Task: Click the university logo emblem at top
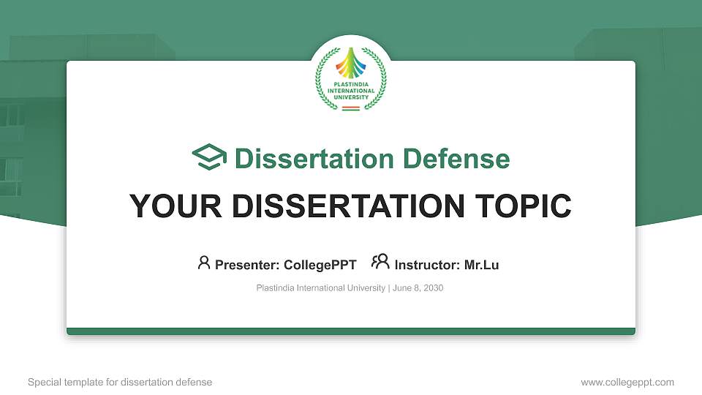point(351,79)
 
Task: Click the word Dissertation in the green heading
point(305,159)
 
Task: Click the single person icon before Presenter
point(204,262)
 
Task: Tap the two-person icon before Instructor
point(380,262)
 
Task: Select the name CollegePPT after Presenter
point(320,265)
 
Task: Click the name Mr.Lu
point(481,265)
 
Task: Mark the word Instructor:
point(427,265)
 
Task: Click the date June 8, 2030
point(418,288)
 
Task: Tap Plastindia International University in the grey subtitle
point(320,288)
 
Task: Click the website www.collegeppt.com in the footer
point(627,383)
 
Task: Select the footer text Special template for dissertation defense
point(120,383)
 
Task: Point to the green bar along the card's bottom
point(351,331)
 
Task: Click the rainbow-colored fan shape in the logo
point(351,64)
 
